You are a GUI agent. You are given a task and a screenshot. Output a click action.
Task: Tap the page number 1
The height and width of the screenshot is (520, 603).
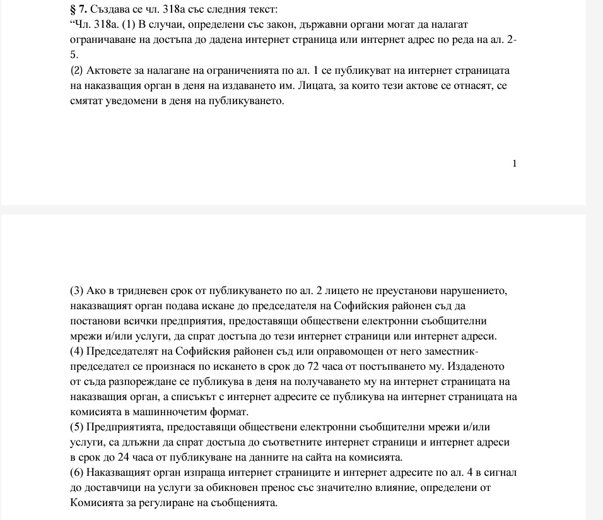515,164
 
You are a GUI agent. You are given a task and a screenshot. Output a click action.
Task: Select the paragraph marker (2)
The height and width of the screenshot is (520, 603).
76,71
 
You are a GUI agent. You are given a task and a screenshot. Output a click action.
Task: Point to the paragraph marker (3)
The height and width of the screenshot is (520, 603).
76,291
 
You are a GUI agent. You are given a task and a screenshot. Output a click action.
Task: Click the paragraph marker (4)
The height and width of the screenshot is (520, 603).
76,352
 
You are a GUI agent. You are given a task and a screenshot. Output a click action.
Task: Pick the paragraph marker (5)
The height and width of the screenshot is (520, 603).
76,427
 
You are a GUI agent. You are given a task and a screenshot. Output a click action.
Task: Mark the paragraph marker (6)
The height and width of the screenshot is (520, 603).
76,473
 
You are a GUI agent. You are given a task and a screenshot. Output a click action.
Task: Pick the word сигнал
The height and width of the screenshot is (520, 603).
502,473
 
